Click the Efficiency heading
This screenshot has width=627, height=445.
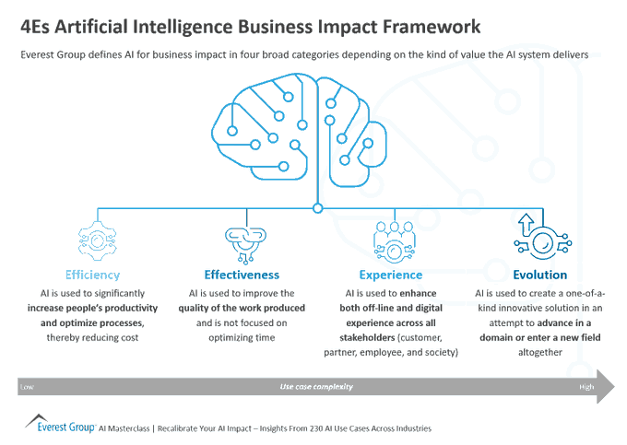pos(92,275)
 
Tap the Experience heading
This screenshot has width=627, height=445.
pos(392,275)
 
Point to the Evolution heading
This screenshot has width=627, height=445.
pos(539,275)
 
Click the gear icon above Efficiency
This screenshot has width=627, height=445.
pos(92,240)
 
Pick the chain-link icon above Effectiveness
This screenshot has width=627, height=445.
pos(243,240)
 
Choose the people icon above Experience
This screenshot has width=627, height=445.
pos(393,240)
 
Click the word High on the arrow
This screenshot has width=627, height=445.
pos(586,387)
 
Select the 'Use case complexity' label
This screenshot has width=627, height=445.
pos(316,387)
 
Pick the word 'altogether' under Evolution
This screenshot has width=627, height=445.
pos(539,352)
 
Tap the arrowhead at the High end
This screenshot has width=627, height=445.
pos(608,387)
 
